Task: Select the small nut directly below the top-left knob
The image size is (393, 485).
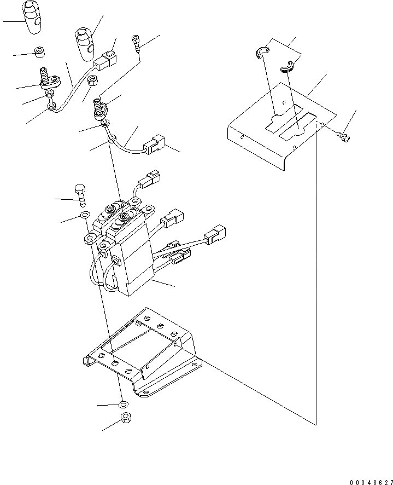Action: [x=39, y=53]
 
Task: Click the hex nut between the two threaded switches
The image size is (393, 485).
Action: [x=93, y=82]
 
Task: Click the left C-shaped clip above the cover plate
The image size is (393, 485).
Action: [x=262, y=52]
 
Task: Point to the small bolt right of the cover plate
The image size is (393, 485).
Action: [x=343, y=134]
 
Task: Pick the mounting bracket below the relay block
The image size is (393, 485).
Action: [x=142, y=350]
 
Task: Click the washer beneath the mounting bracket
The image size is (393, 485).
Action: [x=124, y=405]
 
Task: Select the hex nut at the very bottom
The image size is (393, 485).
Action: [x=125, y=422]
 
